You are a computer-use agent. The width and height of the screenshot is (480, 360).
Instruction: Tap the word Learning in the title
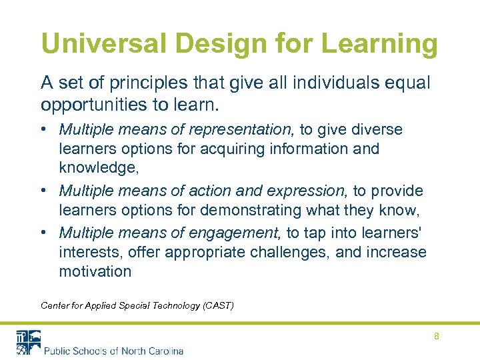pos(380,44)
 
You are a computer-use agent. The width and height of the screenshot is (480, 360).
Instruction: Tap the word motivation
pos(95,271)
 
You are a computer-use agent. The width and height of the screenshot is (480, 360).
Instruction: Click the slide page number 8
pos(437,336)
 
